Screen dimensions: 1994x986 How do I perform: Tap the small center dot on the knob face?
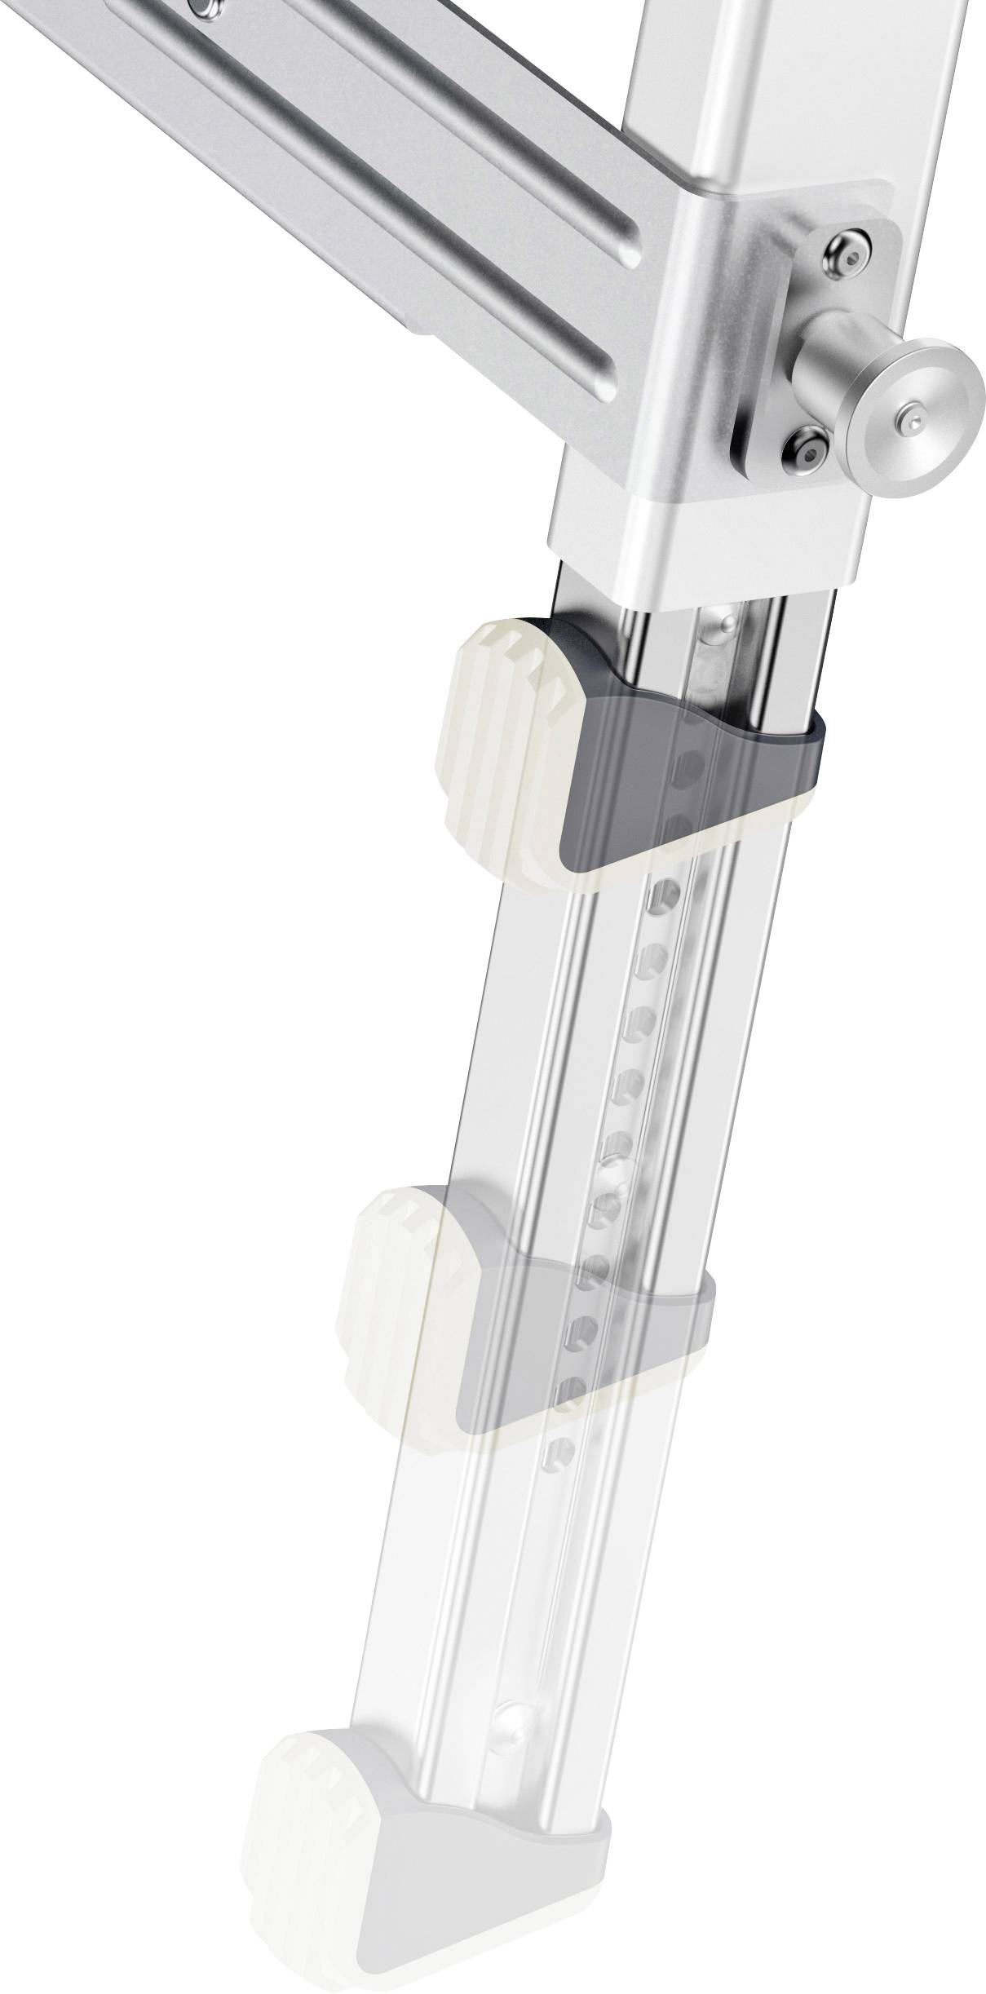coord(914,420)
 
